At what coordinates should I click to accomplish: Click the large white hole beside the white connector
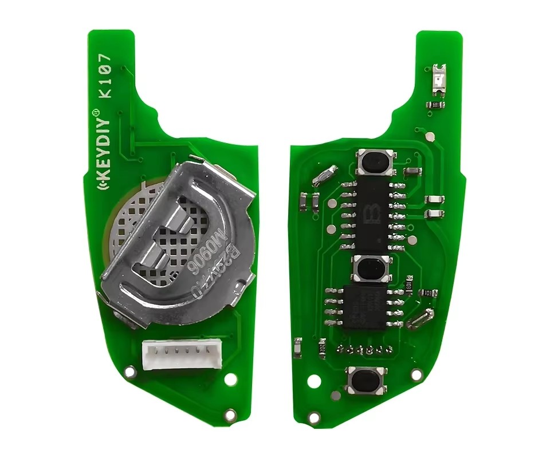tap(230, 380)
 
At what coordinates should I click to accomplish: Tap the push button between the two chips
tap(373, 268)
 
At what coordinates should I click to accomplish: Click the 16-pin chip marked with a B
tap(371, 212)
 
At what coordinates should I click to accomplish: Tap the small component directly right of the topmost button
tap(411, 171)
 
